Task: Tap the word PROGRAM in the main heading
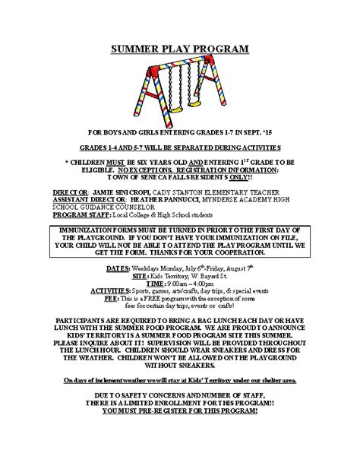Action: pos(219,50)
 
